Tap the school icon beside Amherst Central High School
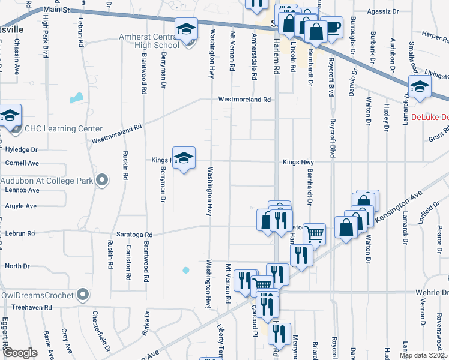tap(186, 29)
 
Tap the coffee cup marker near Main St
tap(332, 26)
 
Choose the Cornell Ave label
tap(22, 163)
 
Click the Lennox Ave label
tap(22, 190)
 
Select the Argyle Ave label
tap(21, 206)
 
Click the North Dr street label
tap(17, 266)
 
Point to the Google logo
tap(20, 353)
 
